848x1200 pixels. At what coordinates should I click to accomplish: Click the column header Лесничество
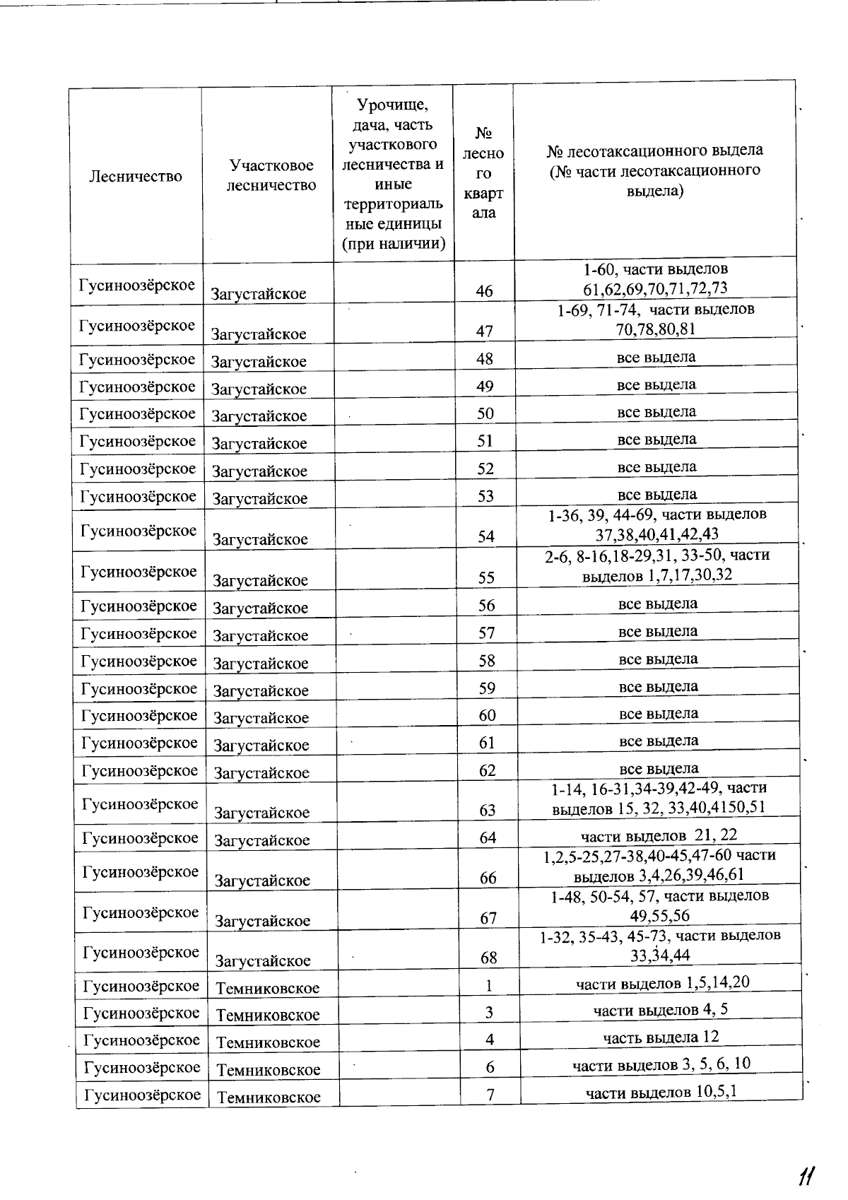pyautogui.click(x=136, y=177)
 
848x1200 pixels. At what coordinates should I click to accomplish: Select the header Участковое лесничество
pyautogui.click(x=271, y=175)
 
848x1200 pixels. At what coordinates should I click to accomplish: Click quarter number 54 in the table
pyautogui.click(x=485, y=536)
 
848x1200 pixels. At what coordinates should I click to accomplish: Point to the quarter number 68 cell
pyautogui.click(x=488, y=958)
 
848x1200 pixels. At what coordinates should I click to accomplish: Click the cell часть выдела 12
pyautogui.click(x=661, y=1037)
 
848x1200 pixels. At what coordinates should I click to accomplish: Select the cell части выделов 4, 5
pyautogui.click(x=661, y=1010)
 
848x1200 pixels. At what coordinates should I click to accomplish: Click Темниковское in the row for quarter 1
pyautogui.click(x=267, y=988)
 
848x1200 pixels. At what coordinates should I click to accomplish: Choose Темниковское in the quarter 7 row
pyautogui.click(x=269, y=1097)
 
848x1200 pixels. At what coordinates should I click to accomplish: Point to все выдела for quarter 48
pyautogui.click(x=656, y=357)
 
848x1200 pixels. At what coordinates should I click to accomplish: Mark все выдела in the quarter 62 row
pyautogui.click(x=659, y=768)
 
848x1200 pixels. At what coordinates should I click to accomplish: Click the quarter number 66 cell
pyautogui.click(x=488, y=878)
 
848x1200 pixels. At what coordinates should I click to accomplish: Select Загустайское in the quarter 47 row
pyautogui.click(x=259, y=334)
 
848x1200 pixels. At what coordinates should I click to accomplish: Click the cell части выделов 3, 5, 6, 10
pyautogui.click(x=661, y=1064)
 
